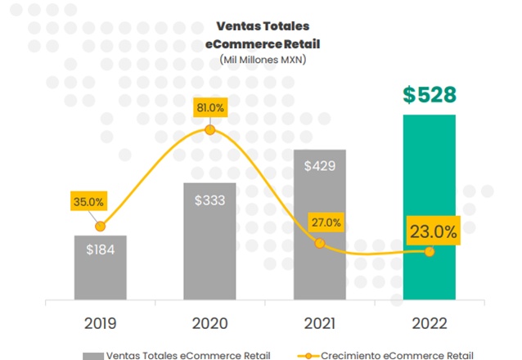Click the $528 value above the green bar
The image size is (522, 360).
click(430, 94)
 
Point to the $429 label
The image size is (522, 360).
click(320, 166)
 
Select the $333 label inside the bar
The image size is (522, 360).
click(210, 199)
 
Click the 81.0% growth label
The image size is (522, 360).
click(210, 107)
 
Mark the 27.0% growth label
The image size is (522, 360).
click(326, 223)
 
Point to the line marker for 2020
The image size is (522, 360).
click(210, 130)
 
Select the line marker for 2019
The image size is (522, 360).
click(101, 227)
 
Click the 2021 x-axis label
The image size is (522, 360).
click(320, 322)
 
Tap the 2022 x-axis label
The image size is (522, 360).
click(430, 322)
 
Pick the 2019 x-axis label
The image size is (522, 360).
click(101, 322)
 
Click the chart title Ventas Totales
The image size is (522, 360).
click(262, 25)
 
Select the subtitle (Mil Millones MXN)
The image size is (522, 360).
click(262, 59)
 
